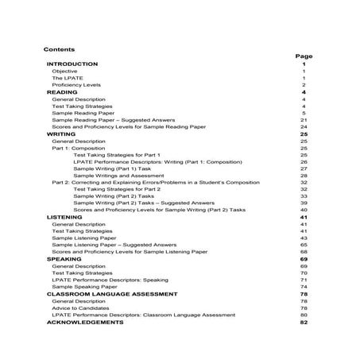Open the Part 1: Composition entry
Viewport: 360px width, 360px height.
pos(83,149)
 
